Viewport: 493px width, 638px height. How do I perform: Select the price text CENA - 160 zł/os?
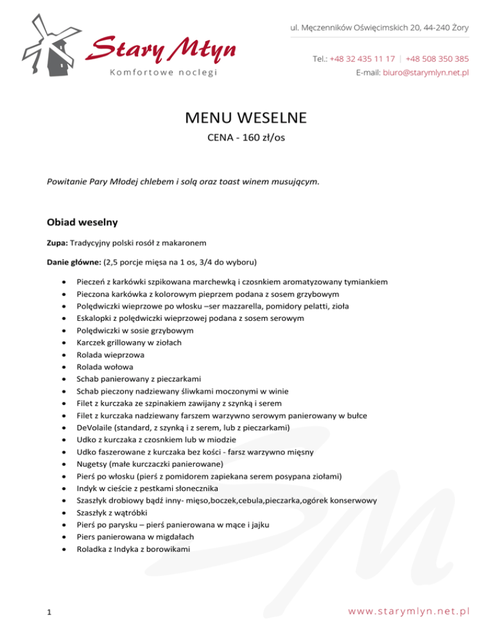(246, 138)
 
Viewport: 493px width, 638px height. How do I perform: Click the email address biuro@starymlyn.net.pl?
(425, 73)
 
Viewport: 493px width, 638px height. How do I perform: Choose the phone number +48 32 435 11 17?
(362, 58)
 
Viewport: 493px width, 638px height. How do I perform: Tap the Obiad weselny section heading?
(82, 223)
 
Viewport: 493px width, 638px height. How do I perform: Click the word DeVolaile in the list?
(94, 427)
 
